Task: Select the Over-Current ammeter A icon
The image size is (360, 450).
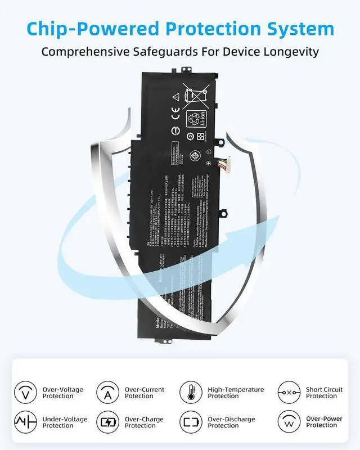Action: point(107,392)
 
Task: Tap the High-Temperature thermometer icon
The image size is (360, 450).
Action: point(191,392)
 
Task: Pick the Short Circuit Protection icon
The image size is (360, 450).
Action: point(289,392)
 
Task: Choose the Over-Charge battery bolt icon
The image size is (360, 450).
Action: point(107,422)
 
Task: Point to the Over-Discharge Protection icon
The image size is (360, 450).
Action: point(191,422)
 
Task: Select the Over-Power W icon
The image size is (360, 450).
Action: point(289,422)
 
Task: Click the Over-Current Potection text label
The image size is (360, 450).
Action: point(145,393)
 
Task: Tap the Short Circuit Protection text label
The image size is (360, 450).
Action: point(324,393)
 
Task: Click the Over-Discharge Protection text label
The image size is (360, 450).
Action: point(231,422)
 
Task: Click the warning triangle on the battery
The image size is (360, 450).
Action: point(175,96)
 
